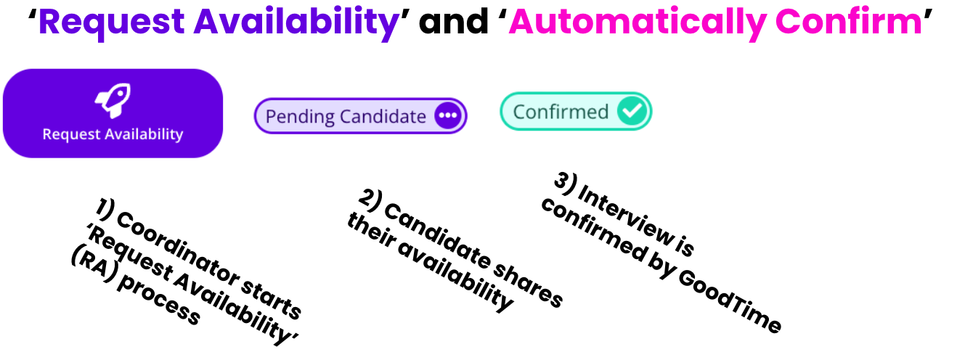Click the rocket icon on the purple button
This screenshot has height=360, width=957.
[113, 101]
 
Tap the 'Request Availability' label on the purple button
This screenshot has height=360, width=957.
[113, 134]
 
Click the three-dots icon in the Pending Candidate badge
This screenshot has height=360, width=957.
[448, 115]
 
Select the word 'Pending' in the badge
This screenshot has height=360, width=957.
[300, 117]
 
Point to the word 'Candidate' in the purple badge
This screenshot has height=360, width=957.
[383, 116]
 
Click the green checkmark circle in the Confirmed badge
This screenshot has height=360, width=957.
[632, 110]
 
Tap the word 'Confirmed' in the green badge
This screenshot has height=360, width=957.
[561, 112]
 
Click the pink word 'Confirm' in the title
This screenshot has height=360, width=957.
[848, 21]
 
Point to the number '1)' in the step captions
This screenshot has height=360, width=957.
[105, 208]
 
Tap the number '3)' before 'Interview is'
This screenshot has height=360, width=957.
[565, 184]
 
